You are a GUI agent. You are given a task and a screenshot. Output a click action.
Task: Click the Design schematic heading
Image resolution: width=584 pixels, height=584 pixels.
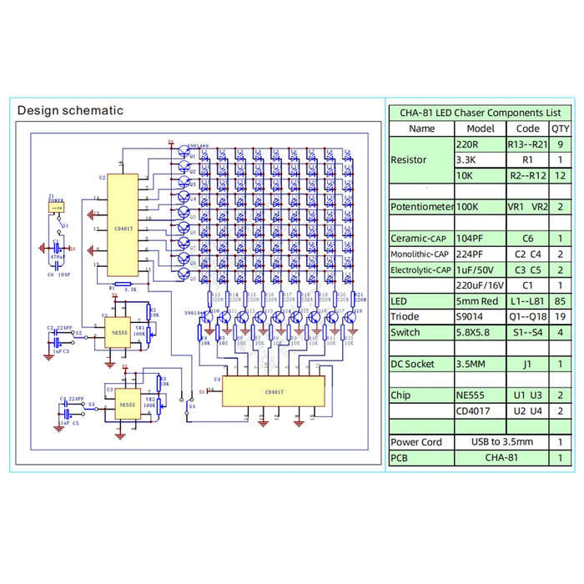tap(70, 110)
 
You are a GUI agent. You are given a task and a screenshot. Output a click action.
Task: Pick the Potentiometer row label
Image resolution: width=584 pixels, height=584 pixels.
tap(422, 206)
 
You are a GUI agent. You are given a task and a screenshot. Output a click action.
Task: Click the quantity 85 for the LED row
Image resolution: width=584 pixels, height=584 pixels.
tap(558, 300)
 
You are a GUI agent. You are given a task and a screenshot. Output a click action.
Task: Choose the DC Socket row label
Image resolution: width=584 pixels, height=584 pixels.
tap(422, 364)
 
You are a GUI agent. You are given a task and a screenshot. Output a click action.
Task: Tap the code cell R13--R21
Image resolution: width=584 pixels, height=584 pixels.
tap(527, 143)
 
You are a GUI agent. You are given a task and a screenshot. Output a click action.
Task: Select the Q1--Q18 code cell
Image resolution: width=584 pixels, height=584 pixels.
tap(527, 316)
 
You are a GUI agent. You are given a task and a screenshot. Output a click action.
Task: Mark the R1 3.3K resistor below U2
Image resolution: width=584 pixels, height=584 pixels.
tap(123, 285)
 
